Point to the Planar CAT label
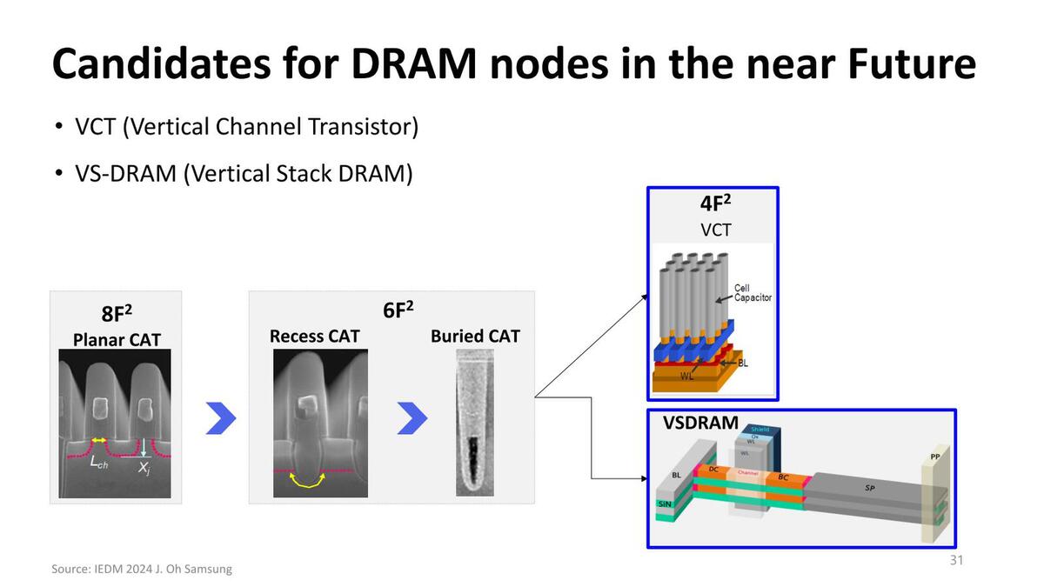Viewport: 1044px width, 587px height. pos(116,339)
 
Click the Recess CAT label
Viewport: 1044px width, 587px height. pos(315,336)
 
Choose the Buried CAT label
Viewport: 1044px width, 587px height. pos(475,336)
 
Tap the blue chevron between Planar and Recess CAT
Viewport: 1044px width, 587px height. pos(221,418)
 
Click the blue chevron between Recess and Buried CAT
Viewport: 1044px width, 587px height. pos(412,418)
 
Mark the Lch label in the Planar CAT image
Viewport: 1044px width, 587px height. pos(100,464)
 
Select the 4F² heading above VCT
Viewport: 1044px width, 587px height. pos(715,205)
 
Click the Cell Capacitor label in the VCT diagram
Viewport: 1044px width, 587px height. pos(753,292)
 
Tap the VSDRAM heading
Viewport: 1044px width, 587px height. pos(700,424)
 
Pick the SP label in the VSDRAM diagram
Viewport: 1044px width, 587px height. pos(869,489)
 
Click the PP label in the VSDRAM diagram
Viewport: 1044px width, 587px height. pos(934,456)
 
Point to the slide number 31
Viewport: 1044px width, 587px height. pos(956,560)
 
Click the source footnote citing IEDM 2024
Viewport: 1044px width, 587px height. pos(142,569)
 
